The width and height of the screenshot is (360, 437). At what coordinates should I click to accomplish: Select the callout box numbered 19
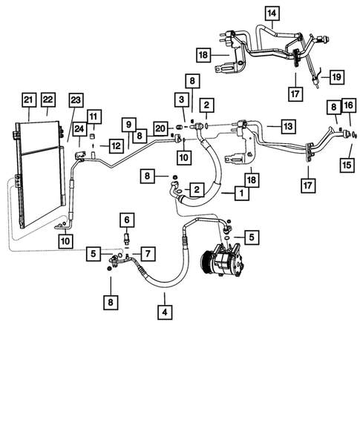click(336, 76)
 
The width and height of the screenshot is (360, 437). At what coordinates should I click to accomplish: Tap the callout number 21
click(29, 99)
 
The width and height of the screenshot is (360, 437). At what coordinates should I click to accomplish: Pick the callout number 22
click(49, 99)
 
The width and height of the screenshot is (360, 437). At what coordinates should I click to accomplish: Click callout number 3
click(180, 99)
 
